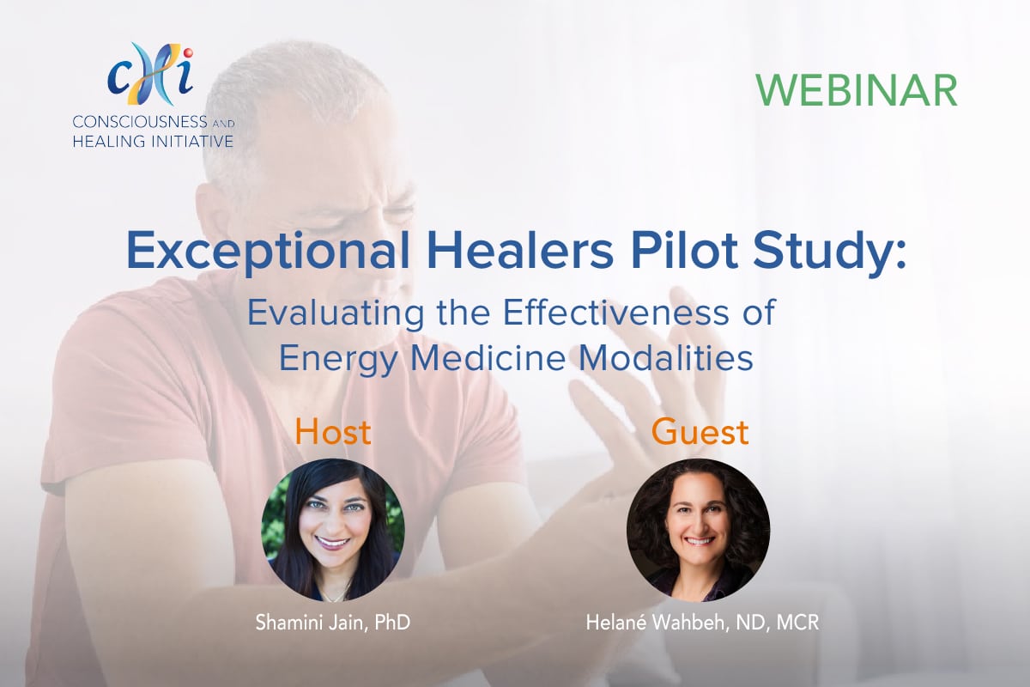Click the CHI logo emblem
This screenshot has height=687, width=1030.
point(151,74)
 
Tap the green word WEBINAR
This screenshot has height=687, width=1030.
point(857,90)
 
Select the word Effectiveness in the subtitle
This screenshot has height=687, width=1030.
point(616,312)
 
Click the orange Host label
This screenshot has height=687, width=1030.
point(333,432)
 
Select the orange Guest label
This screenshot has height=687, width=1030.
point(700,432)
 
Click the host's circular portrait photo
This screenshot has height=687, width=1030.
point(333,530)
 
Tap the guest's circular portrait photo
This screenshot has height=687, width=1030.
point(698,530)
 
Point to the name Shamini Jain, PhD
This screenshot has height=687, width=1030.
point(333,623)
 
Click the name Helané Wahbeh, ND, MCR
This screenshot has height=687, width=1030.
point(702,623)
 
